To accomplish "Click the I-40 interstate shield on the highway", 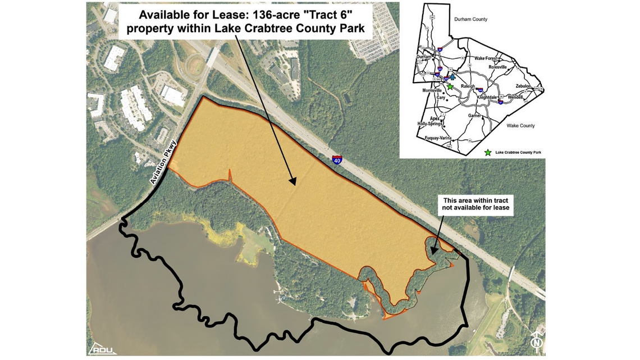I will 337,160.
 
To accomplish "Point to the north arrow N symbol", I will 537,341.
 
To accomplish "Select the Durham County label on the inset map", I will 470,19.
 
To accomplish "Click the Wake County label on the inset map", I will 520,126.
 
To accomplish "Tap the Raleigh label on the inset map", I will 468,86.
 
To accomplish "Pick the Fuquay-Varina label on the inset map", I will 442,138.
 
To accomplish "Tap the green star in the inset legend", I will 488,152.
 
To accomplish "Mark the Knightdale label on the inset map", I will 488,97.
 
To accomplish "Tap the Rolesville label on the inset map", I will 497,67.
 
